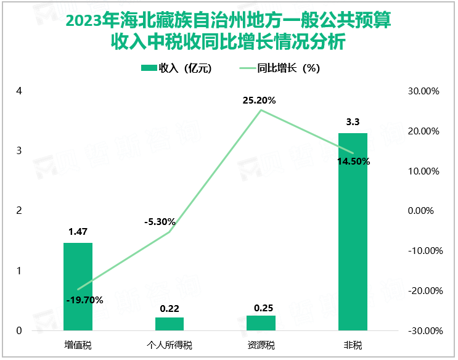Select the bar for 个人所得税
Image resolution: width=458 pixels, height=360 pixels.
click(170, 324)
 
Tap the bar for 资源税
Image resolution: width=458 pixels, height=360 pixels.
click(261, 323)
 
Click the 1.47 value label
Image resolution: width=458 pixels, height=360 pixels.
click(78, 232)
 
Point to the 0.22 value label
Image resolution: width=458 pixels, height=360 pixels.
click(170, 307)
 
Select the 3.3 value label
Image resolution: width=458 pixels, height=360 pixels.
click(353, 122)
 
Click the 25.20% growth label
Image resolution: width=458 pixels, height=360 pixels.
click(259, 100)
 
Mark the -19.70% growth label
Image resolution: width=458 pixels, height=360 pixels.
click(84, 300)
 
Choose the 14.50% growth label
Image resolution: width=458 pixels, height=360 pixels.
click(354, 162)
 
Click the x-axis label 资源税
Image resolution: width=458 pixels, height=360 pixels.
click(261, 344)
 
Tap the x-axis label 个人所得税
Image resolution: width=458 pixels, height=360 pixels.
click(170, 344)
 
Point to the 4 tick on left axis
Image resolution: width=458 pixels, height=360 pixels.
click(19, 91)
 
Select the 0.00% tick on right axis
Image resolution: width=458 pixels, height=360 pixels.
click(424, 211)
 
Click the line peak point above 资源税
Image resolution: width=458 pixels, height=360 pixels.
click(261, 110)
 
